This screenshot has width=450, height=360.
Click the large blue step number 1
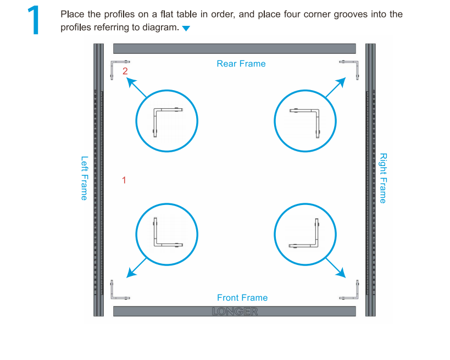click(33, 21)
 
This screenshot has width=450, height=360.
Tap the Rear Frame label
click(241, 64)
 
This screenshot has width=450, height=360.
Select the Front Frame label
click(242, 298)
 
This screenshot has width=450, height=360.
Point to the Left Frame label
click(84, 178)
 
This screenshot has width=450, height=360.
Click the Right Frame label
click(383, 178)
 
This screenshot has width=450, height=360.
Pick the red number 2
click(125, 71)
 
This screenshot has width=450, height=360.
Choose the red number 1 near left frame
click(124, 180)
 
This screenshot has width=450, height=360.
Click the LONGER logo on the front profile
click(235, 312)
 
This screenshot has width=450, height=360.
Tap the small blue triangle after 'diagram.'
click(186, 29)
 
